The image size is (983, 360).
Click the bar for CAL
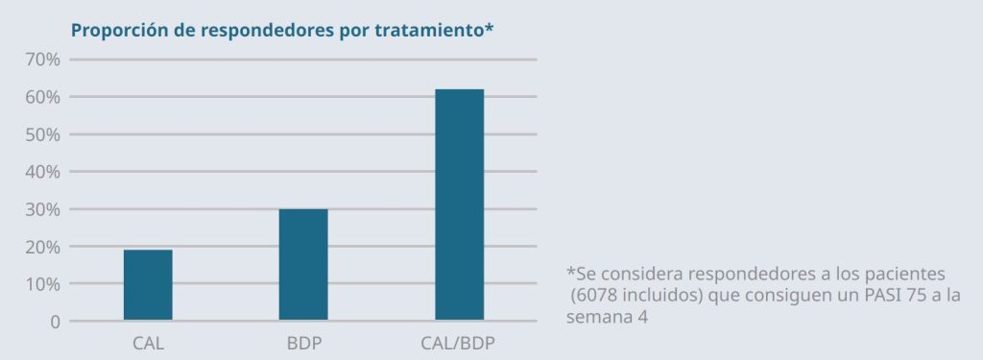(x=148, y=285)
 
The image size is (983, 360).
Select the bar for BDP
(x=303, y=265)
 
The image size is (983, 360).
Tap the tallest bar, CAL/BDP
(x=459, y=204)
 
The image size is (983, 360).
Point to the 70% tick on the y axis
(x=42, y=60)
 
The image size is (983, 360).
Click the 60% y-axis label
(x=42, y=97)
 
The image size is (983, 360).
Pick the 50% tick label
(x=42, y=134)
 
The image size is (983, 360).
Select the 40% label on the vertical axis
(x=42, y=172)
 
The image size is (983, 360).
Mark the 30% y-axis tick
(x=42, y=209)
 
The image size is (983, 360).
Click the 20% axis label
(x=42, y=247)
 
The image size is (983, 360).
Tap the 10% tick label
(x=42, y=284)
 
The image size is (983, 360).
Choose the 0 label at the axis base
(x=55, y=322)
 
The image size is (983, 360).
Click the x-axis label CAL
(x=148, y=343)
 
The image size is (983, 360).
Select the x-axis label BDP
(x=303, y=343)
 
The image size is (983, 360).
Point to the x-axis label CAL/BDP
(x=459, y=343)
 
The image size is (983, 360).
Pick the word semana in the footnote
(x=596, y=316)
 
